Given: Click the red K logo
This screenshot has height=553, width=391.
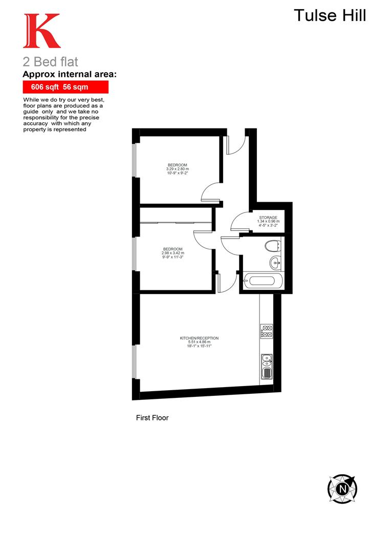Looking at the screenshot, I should coord(41,31).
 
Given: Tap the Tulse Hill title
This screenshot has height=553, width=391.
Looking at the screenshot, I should coord(330,15).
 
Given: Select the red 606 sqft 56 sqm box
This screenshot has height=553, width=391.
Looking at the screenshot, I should coord(66,87).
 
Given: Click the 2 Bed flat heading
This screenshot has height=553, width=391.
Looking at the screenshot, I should coord(50,62).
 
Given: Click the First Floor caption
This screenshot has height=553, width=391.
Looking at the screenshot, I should coord(152,418).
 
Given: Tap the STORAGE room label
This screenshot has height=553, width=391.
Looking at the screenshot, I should coord(268,218).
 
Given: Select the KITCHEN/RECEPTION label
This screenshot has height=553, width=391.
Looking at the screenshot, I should coord(199,338).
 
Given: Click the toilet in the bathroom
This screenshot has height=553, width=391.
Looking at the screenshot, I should coord(271,246).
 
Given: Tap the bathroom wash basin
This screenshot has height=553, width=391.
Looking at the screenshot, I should coord(275,263).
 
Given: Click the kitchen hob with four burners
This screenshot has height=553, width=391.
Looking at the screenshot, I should coord(266,331).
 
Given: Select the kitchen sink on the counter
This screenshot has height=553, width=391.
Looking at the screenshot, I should coord(266,367).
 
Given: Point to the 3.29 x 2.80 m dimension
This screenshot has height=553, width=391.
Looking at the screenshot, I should coord(177,169).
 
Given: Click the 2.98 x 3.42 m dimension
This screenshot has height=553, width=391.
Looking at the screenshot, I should coord(172,253).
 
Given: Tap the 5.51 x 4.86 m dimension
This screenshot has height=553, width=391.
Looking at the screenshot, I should coord(199,342).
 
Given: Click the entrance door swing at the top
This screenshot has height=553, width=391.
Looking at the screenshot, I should coord(235,144).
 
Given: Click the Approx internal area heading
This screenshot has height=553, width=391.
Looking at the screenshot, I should coord(70,75).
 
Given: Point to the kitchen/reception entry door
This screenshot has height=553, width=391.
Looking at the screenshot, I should coord(226,283).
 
